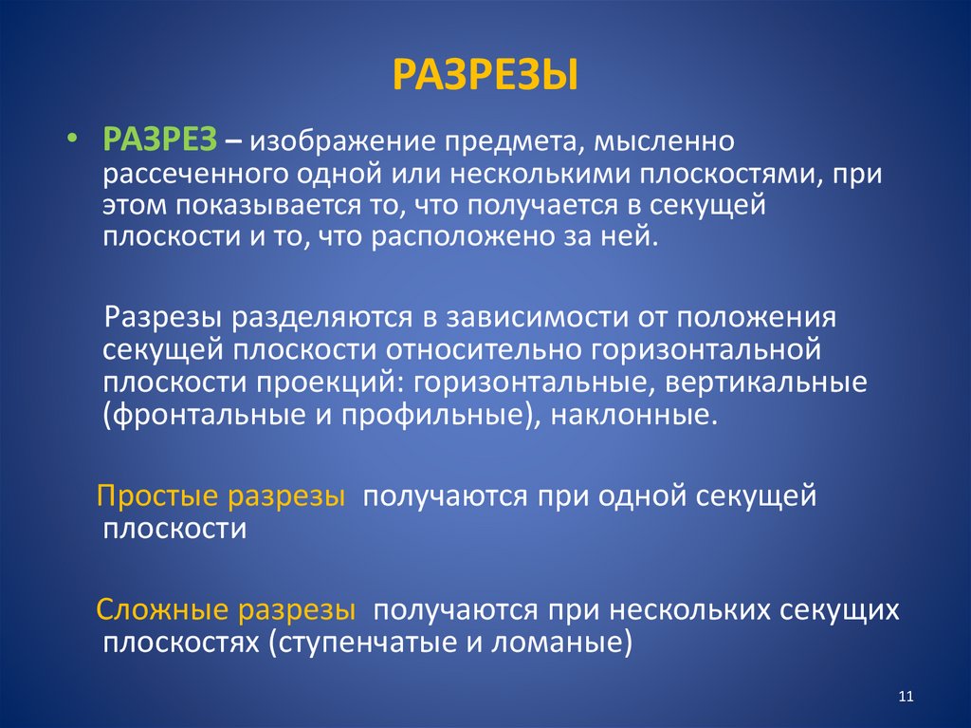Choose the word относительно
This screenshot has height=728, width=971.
[x=486, y=349]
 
